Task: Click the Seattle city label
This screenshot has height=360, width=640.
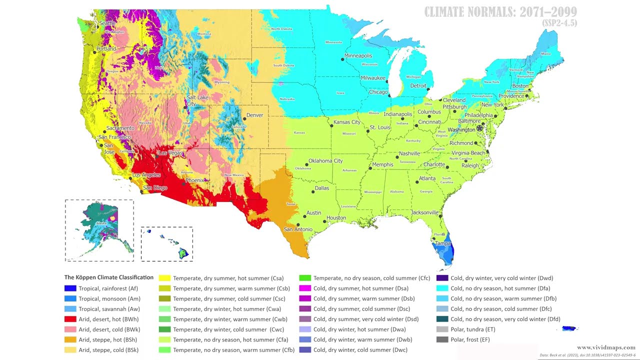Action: [x=107, y=23]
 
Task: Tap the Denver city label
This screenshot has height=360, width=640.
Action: [x=254, y=115]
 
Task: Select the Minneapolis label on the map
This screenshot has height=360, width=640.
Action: [x=358, y=55]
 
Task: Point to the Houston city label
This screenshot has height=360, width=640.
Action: [x=336, y=218]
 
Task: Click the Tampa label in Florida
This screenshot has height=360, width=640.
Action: [x=443, y=243]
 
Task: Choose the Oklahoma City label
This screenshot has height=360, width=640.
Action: [x=325, y=161]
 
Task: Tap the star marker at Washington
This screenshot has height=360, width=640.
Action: [x=480, y=128]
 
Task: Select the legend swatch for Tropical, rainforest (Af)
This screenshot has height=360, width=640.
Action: [x=70, y=288]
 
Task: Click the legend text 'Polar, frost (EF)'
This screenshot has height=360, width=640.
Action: [x=472, y=340]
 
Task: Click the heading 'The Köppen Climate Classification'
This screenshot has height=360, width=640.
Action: [x=109, y=277]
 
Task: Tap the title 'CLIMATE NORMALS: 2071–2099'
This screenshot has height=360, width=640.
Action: [x=500, y=12]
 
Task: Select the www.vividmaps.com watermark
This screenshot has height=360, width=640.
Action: [x=606, y=347]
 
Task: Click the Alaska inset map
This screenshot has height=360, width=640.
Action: [x=99, y=230]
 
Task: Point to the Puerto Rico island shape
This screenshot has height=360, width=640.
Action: [x=569, y=328]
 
